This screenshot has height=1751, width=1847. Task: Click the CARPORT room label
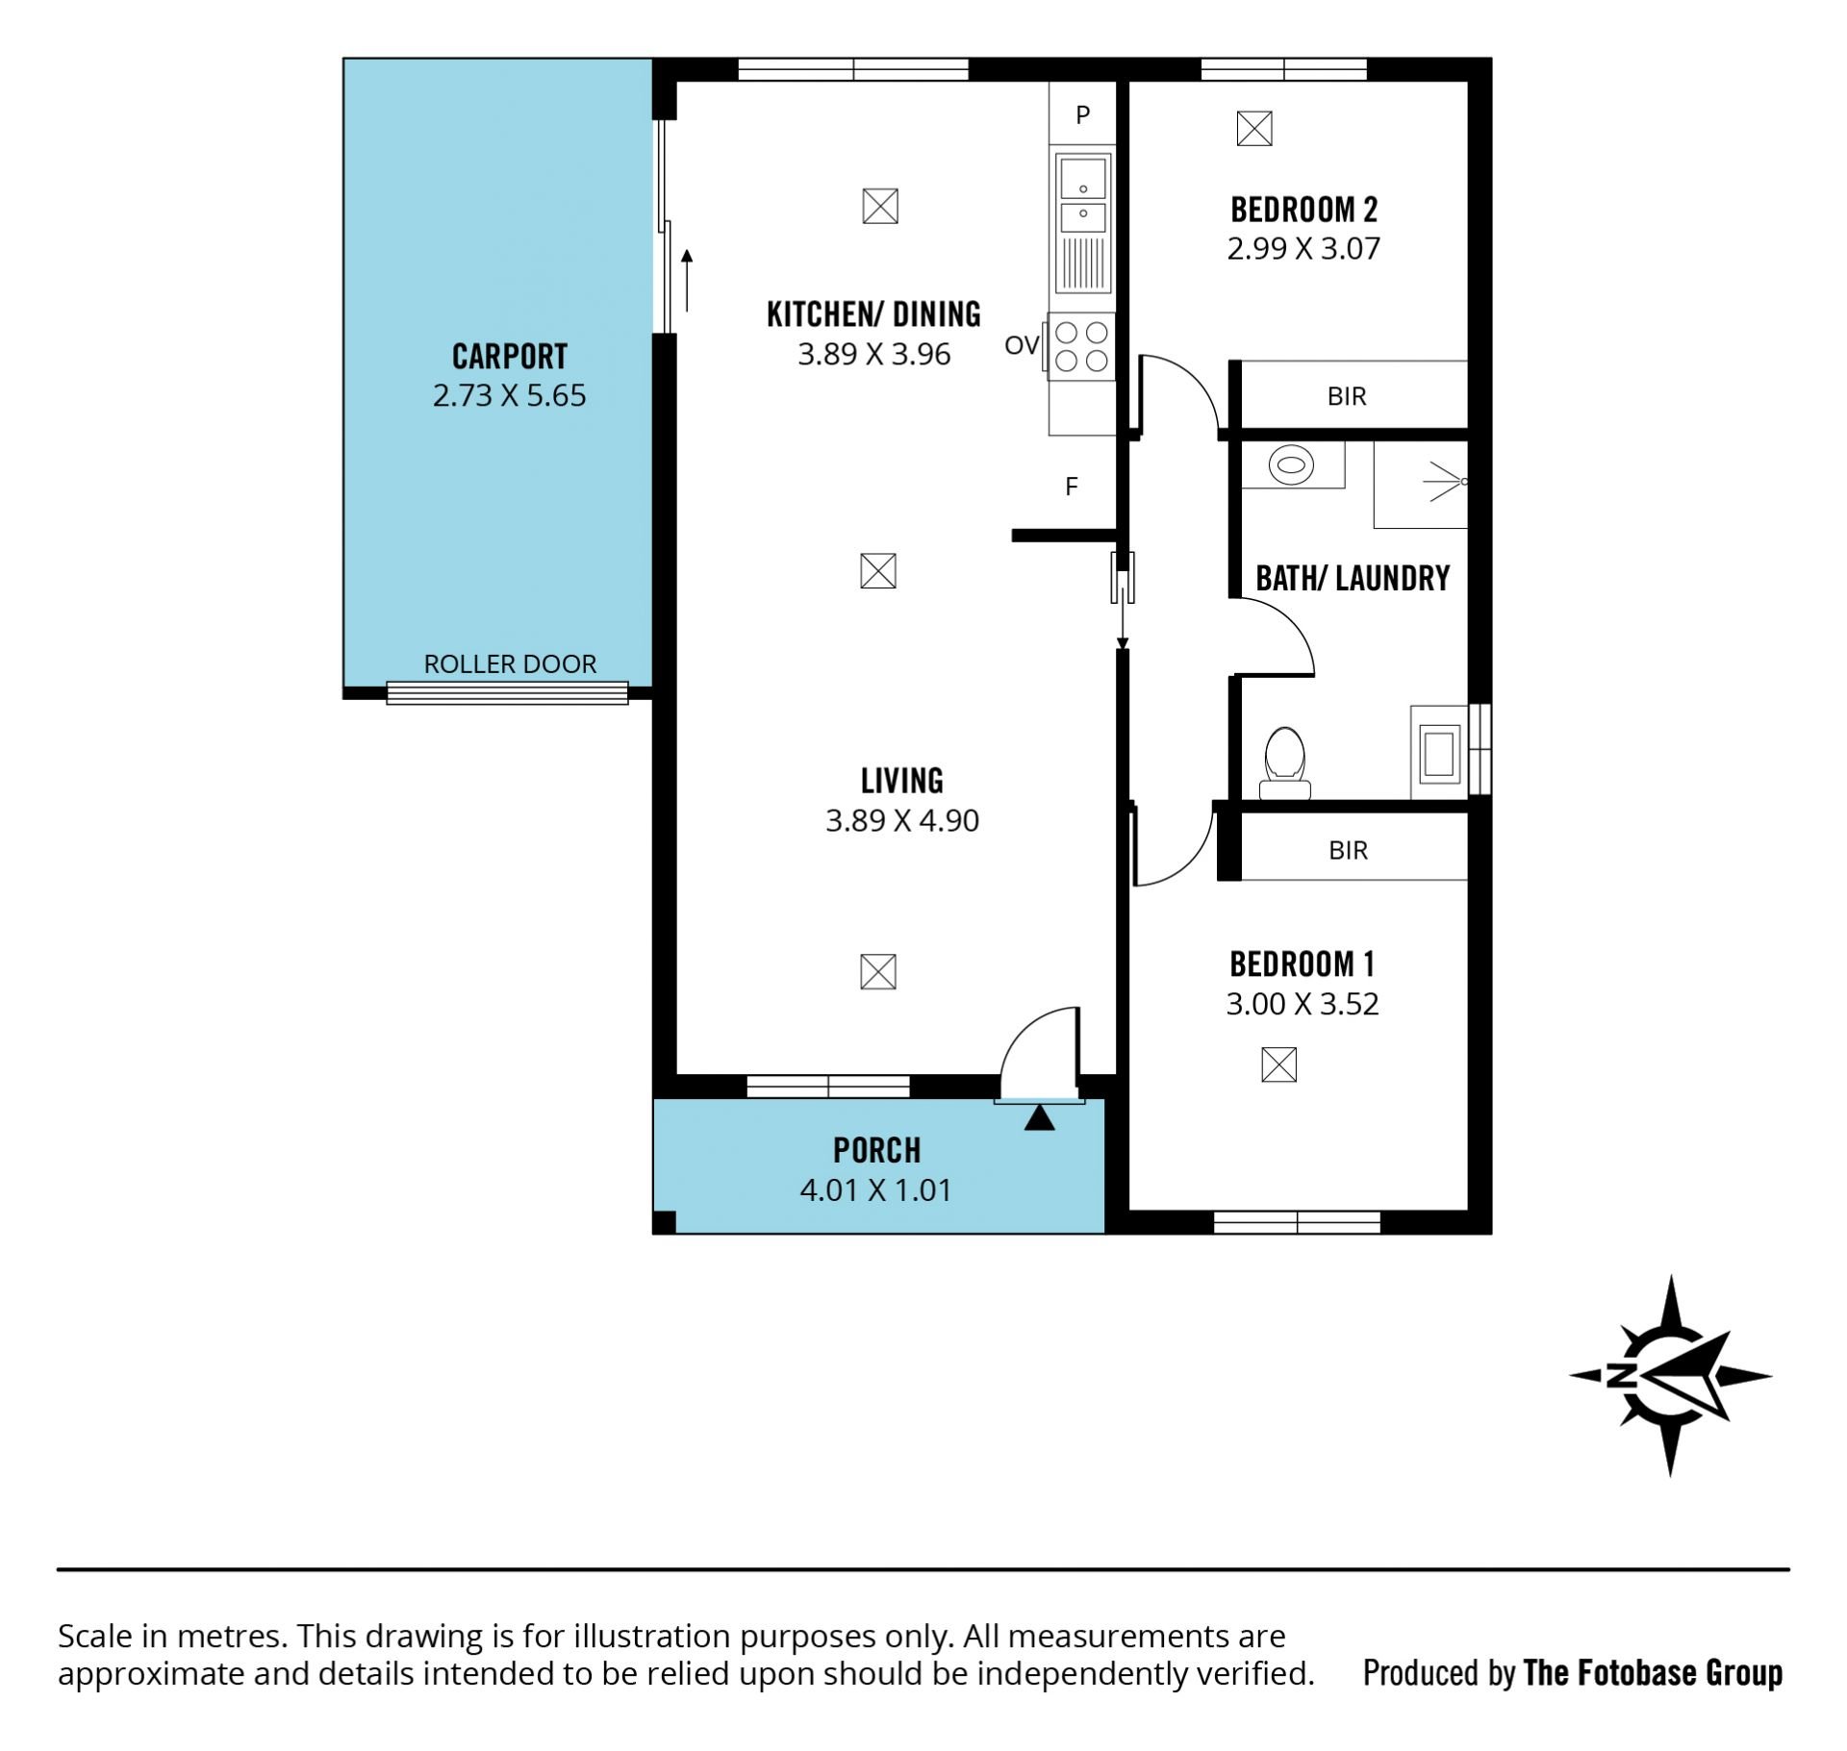click(x=510, y=357)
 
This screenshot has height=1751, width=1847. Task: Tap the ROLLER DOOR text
click(x=510, y=663)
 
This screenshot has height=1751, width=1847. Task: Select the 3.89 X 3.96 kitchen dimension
click(x=873, y=354)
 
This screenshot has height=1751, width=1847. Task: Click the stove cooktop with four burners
click(x=1081, y=347)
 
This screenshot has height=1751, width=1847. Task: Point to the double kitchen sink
click(x=1083, y=205)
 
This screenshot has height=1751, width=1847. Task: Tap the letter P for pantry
click(x=1083, y=115)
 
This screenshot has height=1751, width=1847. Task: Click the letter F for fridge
click(x=1072, y=488)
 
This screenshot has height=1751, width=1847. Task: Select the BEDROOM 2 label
click(x=1304, y=210)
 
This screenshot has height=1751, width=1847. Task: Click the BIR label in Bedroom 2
click(x=1347, y=396)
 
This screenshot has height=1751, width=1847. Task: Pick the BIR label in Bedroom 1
click(x=1348, y=850)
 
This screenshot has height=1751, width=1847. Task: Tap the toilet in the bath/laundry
click(x=1284, y=763)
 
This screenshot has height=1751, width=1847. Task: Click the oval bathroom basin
click(x=1291, y=466)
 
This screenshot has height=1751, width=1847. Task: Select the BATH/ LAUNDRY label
click(x=1353, y=578)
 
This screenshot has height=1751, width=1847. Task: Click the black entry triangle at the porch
click(x=1039, y=1118)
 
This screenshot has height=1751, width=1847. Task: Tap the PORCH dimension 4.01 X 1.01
click(x=875, y=1190)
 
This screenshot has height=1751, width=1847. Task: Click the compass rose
click(x=1671, y=1375)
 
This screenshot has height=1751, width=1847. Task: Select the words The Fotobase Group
click(x=1653, y=1673)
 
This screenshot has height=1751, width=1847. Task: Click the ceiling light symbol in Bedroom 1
click(x=1278, y=1064)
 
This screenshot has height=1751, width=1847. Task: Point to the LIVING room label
click(x=902, y=781)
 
